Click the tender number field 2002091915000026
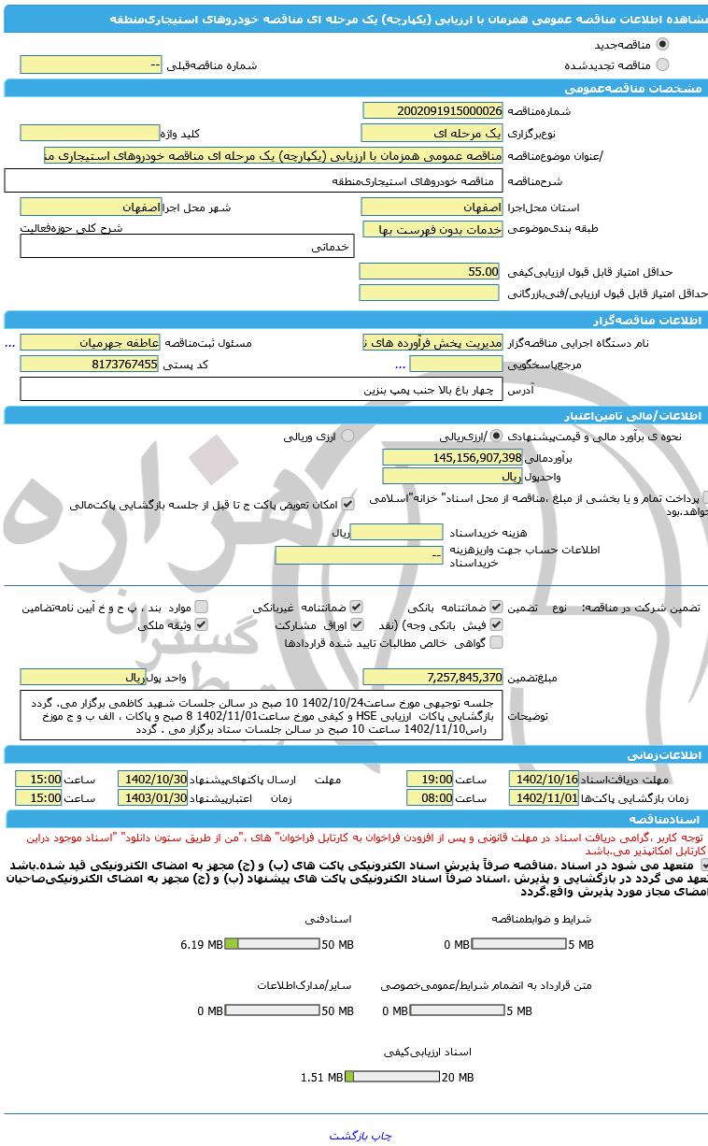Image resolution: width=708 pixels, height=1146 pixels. click(432, 110)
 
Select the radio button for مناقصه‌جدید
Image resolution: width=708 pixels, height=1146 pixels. click(663, 44)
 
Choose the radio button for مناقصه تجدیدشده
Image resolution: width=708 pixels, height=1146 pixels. click(663, 64)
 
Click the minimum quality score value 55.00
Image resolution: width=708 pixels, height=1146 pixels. click(432, 271)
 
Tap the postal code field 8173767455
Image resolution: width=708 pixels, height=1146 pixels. click(90, 364)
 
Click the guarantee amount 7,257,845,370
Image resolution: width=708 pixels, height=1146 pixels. click(432, 676)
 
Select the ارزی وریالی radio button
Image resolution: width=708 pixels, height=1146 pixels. click(347, 436)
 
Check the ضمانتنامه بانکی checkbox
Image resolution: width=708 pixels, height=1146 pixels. click(496, 607)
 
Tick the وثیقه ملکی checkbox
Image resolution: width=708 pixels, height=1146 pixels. click(201, 624)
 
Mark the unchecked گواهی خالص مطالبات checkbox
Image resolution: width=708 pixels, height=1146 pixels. click(496, 642)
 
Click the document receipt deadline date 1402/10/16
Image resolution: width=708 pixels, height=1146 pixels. click(544, 779)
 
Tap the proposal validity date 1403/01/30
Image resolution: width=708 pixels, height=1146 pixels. click(152, 797)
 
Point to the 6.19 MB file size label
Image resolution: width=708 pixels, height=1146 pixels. click(201, 945)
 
